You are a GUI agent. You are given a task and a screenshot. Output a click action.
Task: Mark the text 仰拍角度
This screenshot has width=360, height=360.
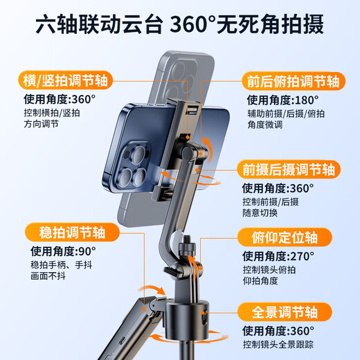coord(260,282)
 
